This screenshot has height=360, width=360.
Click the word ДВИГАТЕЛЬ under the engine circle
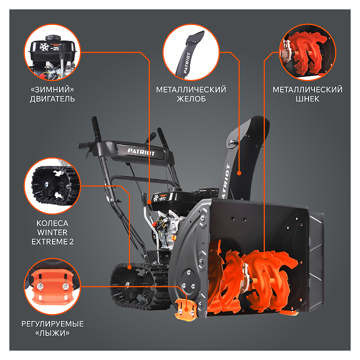[x=52, y=99]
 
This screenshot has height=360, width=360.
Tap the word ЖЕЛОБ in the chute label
[x=191, y=99]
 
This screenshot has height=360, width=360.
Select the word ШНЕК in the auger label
[x=307, y=99]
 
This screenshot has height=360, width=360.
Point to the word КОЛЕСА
[x=52, y=223]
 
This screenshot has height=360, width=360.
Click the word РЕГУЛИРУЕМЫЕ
[x=52, y=324]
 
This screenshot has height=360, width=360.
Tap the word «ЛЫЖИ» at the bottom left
[x=52, y=333]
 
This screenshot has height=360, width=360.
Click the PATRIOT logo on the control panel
[x=141, y=152]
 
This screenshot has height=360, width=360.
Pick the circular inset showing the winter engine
[x=52, y=52]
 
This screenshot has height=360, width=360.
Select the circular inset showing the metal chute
[x=191, y=52]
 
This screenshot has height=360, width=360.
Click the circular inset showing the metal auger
[x=307, y=52]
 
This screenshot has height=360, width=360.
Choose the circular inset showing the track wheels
[x=52, y=186]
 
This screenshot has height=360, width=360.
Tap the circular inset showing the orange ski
[x=52, y=286]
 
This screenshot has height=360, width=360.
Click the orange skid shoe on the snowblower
[x=185, y=309]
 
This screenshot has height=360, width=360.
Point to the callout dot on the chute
[x=239, y=173]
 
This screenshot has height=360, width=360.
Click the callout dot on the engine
[x=149, y=202]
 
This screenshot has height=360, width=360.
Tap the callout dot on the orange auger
[x=264, y=256]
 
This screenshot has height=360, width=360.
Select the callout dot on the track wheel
[x=129, y=267]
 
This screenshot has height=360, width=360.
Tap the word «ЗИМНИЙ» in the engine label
[x=52, y=89]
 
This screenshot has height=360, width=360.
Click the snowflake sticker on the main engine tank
[x=156, y=197]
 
